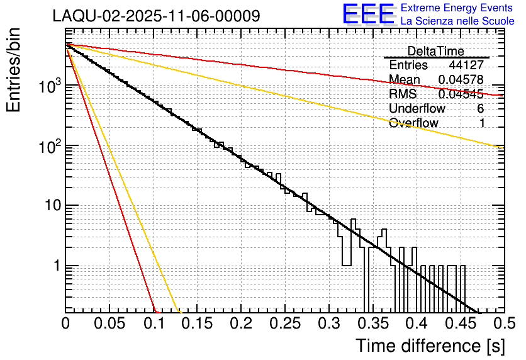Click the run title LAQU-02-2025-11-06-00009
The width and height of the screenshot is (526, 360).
(x=156, y=16)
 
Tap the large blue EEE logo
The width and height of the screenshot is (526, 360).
(x=369, y=15)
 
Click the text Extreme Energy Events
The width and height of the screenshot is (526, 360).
(x=457, y=8)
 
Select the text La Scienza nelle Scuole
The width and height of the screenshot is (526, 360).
(x=457, y=21)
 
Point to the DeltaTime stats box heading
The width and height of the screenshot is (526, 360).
(x=435, y=51)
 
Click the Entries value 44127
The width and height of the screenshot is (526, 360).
(x=466, y=65)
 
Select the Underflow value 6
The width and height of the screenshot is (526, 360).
(x=481, y=109)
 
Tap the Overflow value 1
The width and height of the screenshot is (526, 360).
(x=482, y=123)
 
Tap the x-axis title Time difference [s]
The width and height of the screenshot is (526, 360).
(x=430, y=346)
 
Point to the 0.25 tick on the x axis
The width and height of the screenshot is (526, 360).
(x=285, y=324)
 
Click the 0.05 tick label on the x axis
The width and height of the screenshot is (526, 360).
(x=109, y=324)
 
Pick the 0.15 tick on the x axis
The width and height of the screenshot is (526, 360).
(x=198, y=324)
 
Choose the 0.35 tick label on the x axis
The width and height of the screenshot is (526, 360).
(x=372, y=324)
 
